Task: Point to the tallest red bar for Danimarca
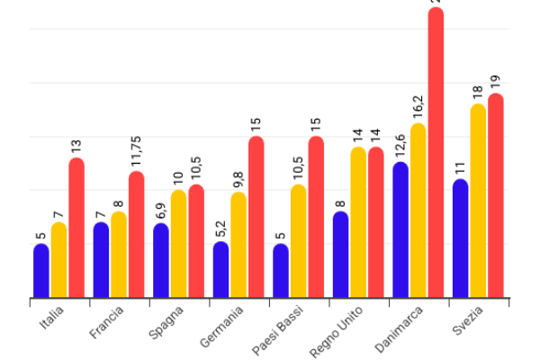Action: coord(436,153)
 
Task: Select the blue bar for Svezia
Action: coord(461,238)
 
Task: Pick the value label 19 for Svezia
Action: coord(496,80)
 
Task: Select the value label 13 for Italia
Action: coord(76,144)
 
